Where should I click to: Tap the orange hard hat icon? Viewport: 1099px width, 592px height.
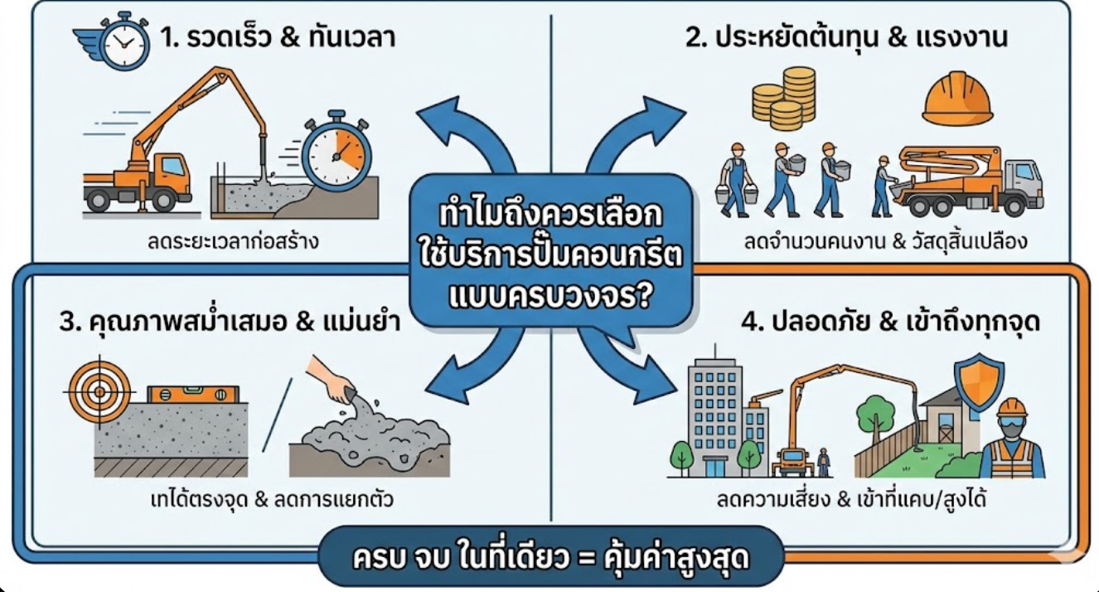click(957, 98)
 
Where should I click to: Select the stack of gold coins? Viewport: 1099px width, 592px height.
click(783, 99)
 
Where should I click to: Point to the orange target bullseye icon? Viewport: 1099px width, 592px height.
click(99, 391)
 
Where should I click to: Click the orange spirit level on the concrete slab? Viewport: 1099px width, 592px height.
click(193, 394)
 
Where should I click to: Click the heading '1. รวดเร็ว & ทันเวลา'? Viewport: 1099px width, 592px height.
click(278, 37)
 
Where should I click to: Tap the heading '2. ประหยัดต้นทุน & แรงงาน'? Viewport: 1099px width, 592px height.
click(846, 37)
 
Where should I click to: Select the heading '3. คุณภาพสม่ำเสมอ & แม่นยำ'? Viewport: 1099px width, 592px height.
click(230, 322)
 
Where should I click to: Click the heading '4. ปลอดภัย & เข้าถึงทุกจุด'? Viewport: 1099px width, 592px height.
click(890, 322)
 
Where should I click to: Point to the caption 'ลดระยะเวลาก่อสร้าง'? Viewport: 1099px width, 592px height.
click(233, 241)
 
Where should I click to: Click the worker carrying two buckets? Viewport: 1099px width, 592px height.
click(736, 180)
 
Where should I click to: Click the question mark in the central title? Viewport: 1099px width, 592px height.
click(640, 293)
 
